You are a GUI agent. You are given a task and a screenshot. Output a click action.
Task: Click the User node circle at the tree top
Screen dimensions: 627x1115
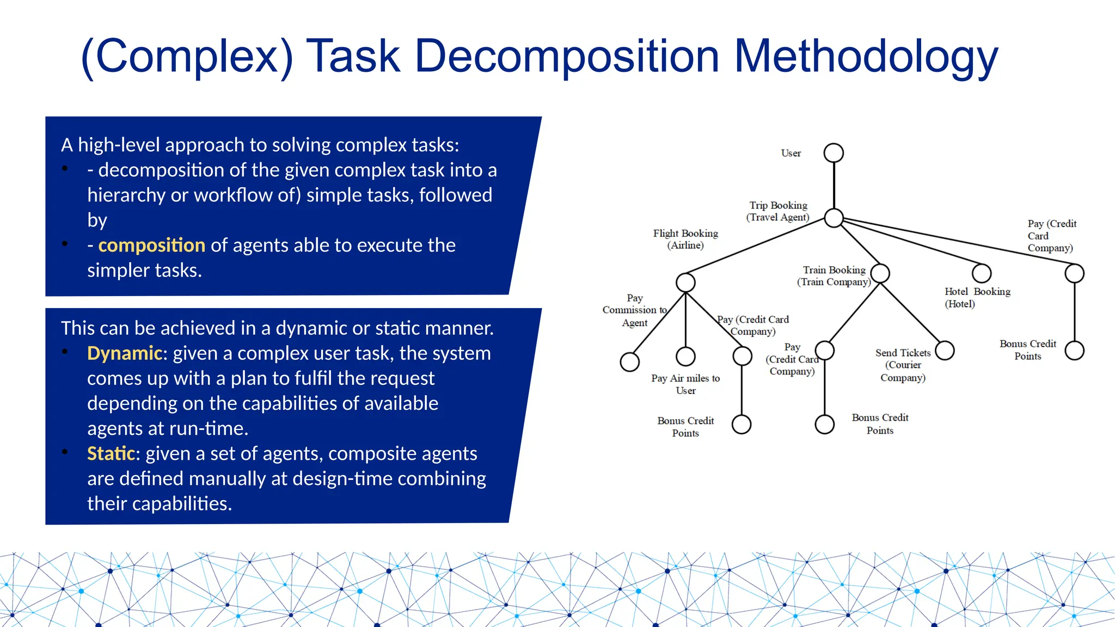pyautogui.click(x=834, y=153)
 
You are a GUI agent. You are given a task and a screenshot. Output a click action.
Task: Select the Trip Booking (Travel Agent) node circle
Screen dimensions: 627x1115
pyautogui.click(x=834, y=218)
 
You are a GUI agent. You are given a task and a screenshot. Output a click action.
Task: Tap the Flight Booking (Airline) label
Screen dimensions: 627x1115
pyautogui.click(x=685, y=239)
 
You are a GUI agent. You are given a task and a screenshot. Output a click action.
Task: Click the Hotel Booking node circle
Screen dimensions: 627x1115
pyautogui.click(x=982, y=273)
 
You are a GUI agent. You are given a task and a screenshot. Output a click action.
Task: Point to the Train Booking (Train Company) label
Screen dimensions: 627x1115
pyautogui.click(x=834, y=276)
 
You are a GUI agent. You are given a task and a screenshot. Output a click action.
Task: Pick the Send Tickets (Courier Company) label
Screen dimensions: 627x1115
pyautogui.click(x=903, y=365)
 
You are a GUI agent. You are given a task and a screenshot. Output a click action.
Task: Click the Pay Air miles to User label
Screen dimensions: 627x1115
pyautogui.click(x=685, y=384)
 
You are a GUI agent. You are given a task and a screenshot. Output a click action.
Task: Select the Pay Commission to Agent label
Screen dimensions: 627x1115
pyautogui.click(x=635, y=310)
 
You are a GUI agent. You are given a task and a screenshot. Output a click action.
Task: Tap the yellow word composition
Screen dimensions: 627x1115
pyautogui.click(x=151, y=245)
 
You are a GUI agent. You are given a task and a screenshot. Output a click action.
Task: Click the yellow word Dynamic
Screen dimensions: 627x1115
pyautogui.click(x=125, y=354)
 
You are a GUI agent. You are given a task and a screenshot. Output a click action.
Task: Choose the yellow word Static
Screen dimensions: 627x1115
pyautogui.click(x=111, y=454)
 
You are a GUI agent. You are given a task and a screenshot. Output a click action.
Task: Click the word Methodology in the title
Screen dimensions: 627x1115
pyautogui.click(x=866, y=57)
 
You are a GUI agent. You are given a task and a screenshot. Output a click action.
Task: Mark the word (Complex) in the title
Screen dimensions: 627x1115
pyautogui.click(x=187, y=57)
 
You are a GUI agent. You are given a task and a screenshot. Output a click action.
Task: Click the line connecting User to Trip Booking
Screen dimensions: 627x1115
pyautogui.click(x=834, y=185)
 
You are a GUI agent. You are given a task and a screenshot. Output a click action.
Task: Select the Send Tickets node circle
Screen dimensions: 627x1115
pyautogui.click(x=945, y=351)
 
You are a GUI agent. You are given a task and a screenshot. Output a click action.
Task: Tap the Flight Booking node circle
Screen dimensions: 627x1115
pyautogui.click(x=685, y=282)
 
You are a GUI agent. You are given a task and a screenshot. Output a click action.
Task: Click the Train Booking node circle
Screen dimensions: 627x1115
pyautogui.click(x=880, y=273)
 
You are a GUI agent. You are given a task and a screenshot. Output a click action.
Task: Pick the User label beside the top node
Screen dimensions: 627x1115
pyautogui.click(x=791, y=153)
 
